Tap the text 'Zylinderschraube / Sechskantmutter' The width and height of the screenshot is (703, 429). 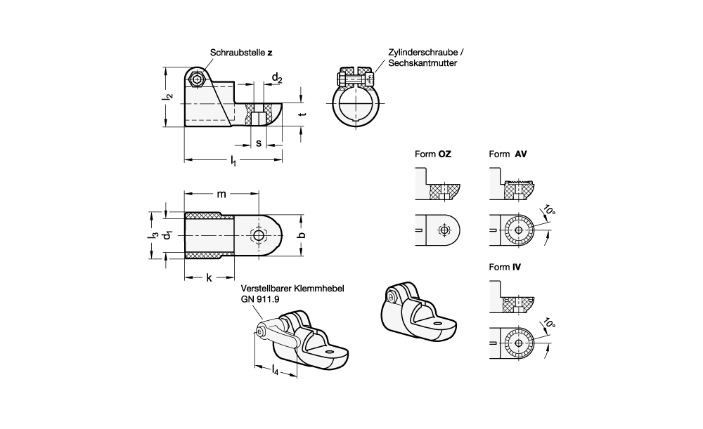point(427,58)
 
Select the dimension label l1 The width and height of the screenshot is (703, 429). point(233,162)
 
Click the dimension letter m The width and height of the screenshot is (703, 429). point(221,194)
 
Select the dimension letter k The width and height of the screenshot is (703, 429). point(209,278)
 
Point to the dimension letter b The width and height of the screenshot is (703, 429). point(302,236)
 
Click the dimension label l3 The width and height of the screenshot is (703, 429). point(151,236)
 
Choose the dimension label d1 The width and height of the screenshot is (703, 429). point(167,236)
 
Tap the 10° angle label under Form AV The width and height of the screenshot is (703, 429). point(549,211)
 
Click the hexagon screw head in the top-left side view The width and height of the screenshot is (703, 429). point(198,79)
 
